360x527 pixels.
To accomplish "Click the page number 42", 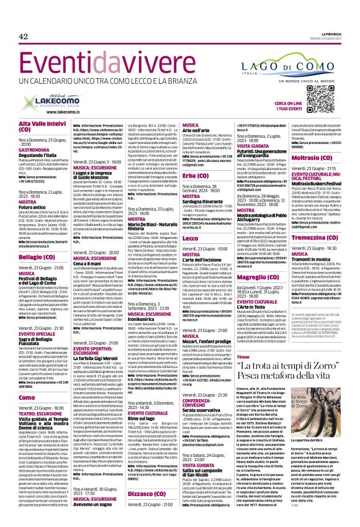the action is pyautogui.click(x=23, y=37).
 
